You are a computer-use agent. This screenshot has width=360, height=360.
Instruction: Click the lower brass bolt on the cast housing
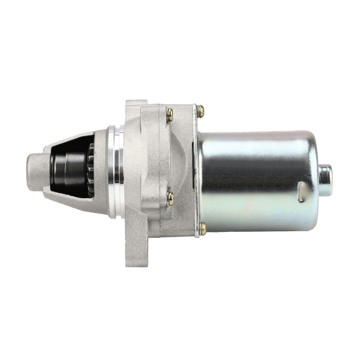(x=169, y=198)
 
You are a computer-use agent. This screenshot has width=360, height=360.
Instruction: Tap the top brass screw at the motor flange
(x=202, y=111)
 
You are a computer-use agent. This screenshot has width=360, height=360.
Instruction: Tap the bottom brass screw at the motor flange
(x=202, y=228)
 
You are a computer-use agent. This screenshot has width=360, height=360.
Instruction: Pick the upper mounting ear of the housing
(x=134, y=106)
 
